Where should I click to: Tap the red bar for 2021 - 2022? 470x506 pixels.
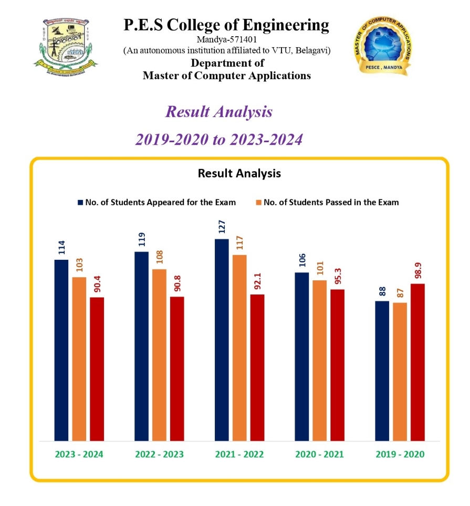click(x=257, y=367)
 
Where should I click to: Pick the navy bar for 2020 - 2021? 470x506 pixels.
click(x=302, y=356)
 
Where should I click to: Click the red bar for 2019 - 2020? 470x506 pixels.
click(x=417, y=362)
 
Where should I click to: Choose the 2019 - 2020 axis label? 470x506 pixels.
click(x=400, y=454)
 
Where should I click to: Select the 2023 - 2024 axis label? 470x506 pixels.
click(x=79, y=454)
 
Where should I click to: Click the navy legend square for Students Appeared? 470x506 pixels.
click(x=80, y=202)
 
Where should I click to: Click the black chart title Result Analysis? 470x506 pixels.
click(x=239, y=173)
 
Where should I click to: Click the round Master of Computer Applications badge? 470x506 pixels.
click(x=382, y=45)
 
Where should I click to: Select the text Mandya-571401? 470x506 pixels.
click(x=226, y=39)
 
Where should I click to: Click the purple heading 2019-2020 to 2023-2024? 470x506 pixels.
click(x=219, y=140)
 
